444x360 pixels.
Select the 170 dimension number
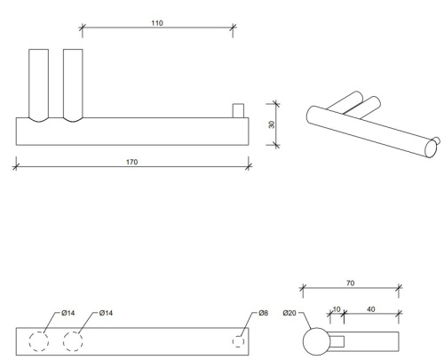point(131,162)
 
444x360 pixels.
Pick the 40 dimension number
point(369,308)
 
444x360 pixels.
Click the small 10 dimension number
point(336,308)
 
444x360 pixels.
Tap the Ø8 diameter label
point(264,313)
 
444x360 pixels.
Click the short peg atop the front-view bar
point(237,110)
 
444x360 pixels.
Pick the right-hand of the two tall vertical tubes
point(73,84)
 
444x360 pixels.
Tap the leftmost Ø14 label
point(68,313)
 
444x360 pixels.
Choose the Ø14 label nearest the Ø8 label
point(105,313)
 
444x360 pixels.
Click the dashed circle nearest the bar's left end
point(39,341)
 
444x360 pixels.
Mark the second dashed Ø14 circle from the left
point(74,341)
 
